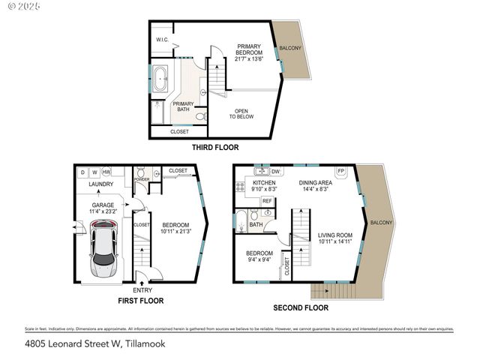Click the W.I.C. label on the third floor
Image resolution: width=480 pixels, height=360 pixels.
coord(161,39)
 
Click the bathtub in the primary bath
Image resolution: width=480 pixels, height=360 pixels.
coord(162,79)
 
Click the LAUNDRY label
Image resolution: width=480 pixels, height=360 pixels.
coord(100,184)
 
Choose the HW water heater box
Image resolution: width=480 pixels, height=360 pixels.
coord(106,172)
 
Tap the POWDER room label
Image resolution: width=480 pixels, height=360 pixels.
coord(140,180)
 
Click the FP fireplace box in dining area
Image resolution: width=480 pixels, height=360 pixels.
coord(340,170)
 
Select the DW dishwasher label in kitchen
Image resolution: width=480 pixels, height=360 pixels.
coord(275,172)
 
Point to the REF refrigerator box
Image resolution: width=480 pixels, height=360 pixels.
coord(267,201)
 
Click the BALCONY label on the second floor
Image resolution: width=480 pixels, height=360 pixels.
coord(381,223)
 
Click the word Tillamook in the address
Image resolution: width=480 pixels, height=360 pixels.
coord(140,344)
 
